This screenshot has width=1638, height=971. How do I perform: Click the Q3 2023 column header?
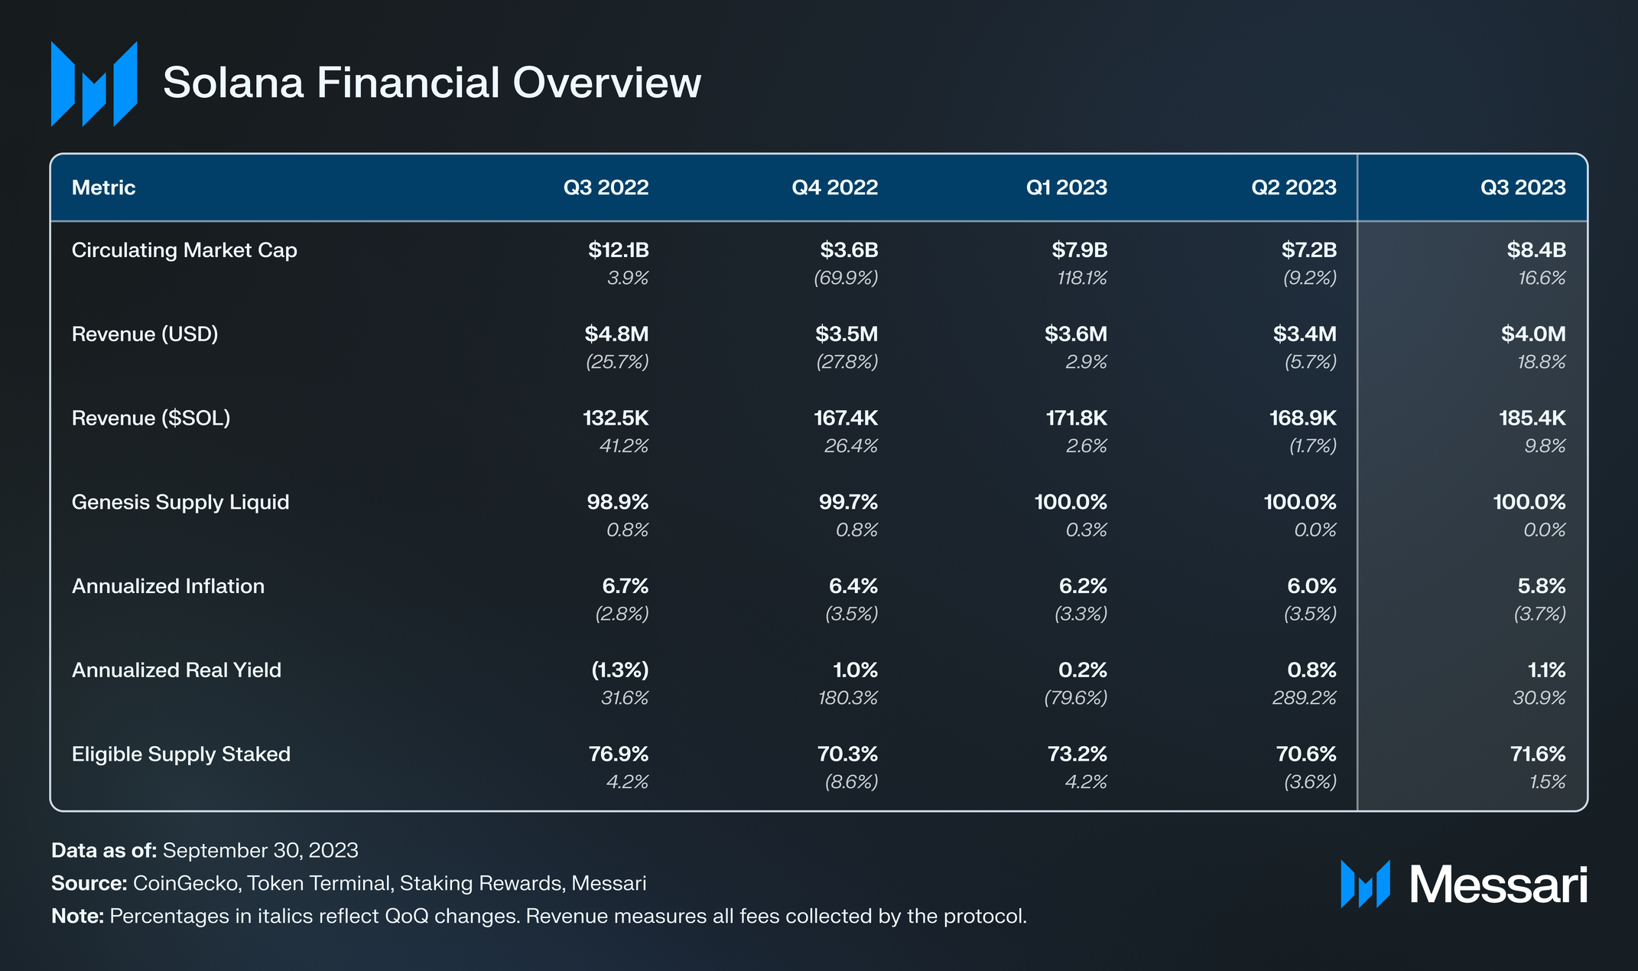[x=1523, y=187]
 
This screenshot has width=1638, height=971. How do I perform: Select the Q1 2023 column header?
[x=1066, y=187]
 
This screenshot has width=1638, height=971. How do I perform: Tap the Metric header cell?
[x=103, y=187]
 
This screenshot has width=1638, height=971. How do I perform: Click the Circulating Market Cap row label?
[x=184, y=250]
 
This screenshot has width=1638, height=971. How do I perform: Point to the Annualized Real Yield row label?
[x=177, y=670]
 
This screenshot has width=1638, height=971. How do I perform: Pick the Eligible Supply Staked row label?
[x=181, y=754]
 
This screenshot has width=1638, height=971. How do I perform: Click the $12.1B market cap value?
[x=618, y=250]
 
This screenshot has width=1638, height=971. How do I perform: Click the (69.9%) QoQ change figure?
[x=845, y=279]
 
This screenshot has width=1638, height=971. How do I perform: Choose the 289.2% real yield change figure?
[x=1304, y=699]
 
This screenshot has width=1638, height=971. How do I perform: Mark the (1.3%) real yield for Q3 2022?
[x=619, y=670]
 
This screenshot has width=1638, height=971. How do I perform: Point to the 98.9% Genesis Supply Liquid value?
[x=617, y=503]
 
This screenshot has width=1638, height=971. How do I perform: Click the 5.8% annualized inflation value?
[x=1541, y=587]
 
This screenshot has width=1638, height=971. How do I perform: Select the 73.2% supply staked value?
[x=1077, y=754]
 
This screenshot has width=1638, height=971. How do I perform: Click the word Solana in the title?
[x=233, y=83]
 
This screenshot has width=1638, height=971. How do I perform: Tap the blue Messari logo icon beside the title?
[x=94, y=84]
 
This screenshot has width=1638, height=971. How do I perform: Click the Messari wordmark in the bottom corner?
[x=1497, y=885]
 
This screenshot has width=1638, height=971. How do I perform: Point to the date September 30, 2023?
[x=260, y=851]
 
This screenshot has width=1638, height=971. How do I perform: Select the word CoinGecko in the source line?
[x=185, y=884]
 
